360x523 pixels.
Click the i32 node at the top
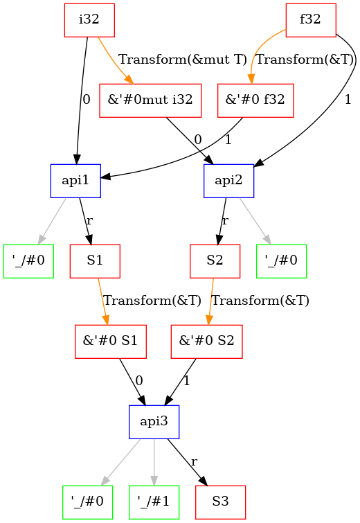tap(89, 20)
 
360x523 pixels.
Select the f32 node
tap(310, 20)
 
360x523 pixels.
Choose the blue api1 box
tap(75, 181)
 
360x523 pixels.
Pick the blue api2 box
tap(228, 181)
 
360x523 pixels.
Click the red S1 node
tap(96, 261)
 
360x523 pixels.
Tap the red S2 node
tap(215, 261)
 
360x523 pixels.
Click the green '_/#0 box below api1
tap(28, 261)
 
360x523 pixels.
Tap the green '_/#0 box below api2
tap(281, 261)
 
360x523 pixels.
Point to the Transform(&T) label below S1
tap(152, 301)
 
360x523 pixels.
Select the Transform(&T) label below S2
tap(260, 301)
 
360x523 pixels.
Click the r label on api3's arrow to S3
tap(194, 461)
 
